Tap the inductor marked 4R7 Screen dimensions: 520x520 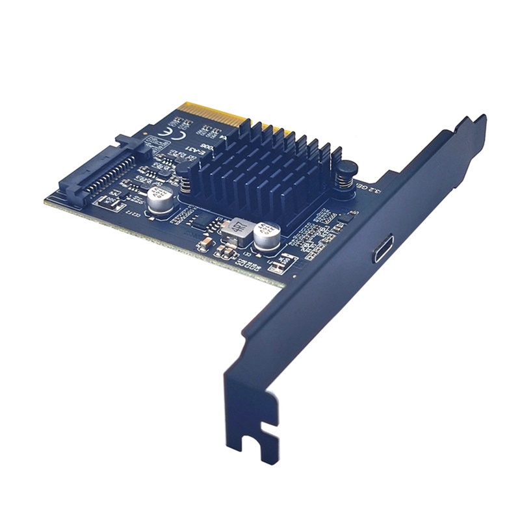pyautogui.click(x=238, y=229)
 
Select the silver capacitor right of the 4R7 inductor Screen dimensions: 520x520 pyautogui.click(x=267, y=237)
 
